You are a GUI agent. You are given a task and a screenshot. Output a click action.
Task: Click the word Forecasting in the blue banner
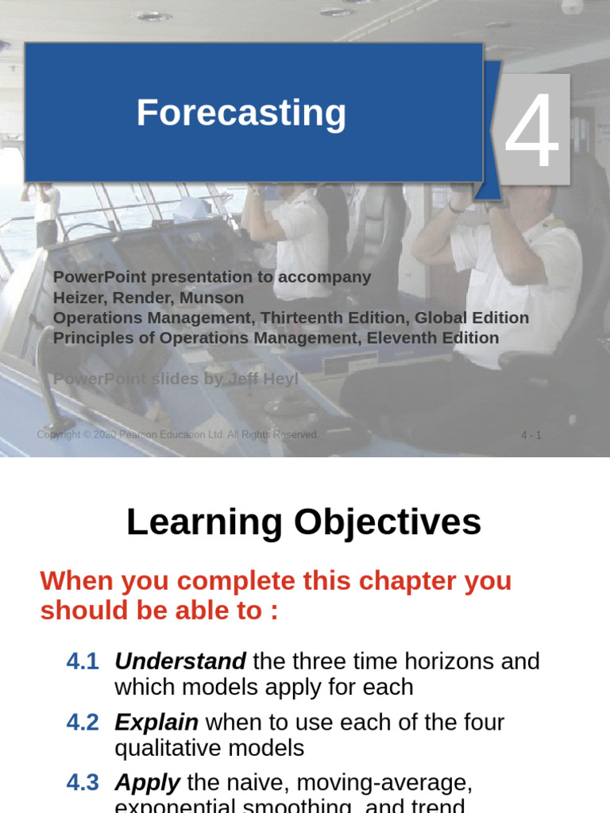coord(241,113)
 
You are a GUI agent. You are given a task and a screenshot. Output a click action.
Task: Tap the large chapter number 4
coord(532,131)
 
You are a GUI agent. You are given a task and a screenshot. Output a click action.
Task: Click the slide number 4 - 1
coord(531,435)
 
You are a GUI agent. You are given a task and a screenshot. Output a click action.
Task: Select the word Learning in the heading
coord(205,522)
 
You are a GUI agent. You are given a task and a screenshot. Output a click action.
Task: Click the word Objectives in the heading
coord(388,522)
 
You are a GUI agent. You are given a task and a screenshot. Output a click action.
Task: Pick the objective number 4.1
coord(83,661)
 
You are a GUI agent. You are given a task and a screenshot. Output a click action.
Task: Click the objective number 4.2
coord(83,722)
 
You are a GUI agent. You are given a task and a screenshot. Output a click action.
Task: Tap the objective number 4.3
coord(83,783)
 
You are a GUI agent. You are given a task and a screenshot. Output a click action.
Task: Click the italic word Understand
coord(180,661)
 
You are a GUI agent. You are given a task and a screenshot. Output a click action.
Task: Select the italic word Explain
coord(156,722)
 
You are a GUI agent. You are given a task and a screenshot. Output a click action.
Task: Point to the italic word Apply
coord(148,783)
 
